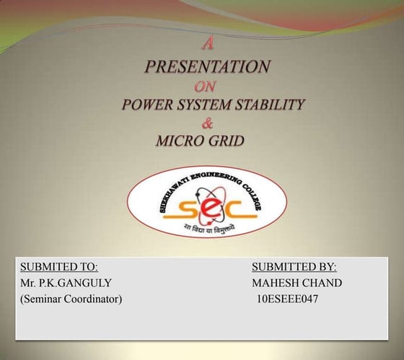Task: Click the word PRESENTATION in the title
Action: (208, 67)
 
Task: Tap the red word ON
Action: (207, 87)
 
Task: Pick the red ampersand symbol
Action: (208, 122)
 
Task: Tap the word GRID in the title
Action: (227, 140)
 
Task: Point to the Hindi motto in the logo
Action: (207, 229)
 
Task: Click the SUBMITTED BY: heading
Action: (294, 267)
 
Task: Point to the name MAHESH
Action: (276, 283)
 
